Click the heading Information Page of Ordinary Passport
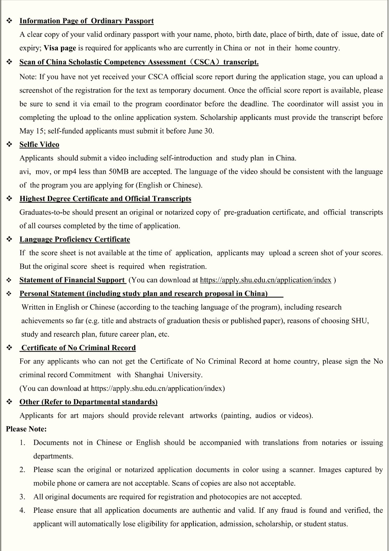[x=86, y=21]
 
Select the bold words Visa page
[x=60, y=48]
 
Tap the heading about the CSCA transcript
[x=139, y=62]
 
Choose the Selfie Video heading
[x=39, y=145]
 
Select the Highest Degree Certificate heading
[x=105, y=199]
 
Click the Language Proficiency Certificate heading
[x=75, y=239]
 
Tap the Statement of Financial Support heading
[x=72, y=280]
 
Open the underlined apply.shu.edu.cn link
[x=266, y=280]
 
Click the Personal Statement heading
[x=143, y=293]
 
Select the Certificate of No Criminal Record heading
[x=78, y=348]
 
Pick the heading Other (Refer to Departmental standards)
[x=88, y=402]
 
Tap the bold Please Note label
[x=26, y=429]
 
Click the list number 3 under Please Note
[x=22, y=497]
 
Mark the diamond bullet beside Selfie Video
[x=9, y=145]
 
